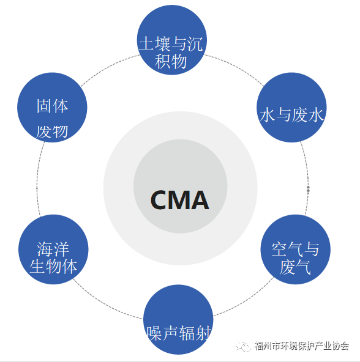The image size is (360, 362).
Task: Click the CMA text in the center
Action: coord(179,200)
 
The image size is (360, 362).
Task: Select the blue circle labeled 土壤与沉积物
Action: coord(172,40)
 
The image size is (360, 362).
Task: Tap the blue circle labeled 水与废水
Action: coord(291,108)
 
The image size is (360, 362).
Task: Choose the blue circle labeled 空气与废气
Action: coord(296,249)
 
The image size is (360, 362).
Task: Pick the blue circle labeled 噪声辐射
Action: coord(178,320)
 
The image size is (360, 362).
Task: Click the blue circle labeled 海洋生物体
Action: coord(53,249)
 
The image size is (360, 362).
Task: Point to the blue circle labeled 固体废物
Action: coord(52,108)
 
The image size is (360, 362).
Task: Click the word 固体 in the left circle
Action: coord(52,106)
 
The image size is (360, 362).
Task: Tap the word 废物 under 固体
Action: coord(52,132)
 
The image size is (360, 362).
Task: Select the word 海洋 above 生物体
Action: coord(53,249)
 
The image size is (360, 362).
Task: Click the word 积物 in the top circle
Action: coord(171,61)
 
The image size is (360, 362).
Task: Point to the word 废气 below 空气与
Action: coord(295,267)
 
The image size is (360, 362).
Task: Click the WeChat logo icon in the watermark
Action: coord(243,346)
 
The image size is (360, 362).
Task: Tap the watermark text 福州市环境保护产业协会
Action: coord(301,345)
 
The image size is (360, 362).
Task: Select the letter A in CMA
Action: coord(200,200)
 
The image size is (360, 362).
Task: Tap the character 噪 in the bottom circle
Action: coord(154,333)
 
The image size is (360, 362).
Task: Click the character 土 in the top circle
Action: coord(146,43)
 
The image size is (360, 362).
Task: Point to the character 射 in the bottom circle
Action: coord(203,333)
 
